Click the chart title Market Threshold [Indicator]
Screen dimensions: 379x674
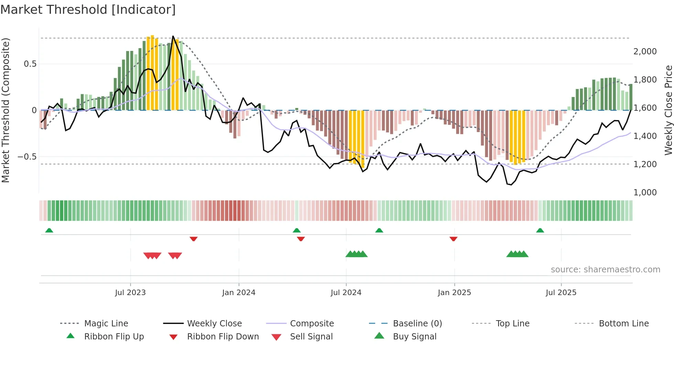88,10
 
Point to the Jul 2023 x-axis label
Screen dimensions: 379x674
130,293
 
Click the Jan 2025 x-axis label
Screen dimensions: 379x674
454,293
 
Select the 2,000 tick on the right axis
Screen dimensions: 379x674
645,52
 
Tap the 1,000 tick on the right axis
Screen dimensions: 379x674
645,193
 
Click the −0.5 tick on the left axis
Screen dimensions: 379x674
27,157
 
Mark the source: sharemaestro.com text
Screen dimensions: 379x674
605,270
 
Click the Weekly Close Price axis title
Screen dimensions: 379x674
668,110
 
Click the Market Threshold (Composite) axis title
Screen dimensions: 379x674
6,110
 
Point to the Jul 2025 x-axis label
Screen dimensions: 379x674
561,293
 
